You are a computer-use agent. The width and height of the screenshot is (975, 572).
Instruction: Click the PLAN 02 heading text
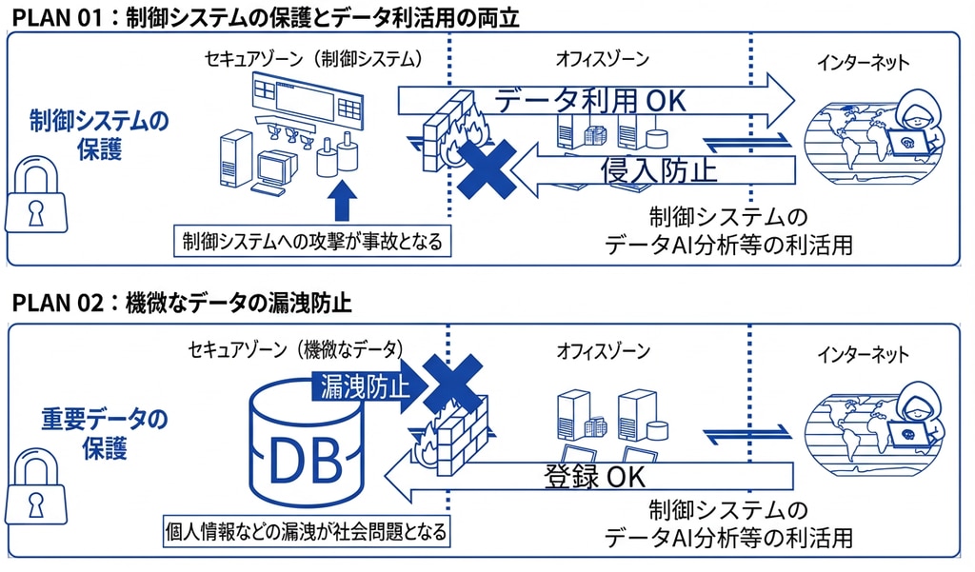pos(182,305)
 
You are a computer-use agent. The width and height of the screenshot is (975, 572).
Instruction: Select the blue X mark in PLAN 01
pos(486,168)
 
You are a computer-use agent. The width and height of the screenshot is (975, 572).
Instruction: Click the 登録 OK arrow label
pos(595,475)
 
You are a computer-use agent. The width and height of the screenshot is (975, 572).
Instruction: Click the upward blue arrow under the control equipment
pos(345,203)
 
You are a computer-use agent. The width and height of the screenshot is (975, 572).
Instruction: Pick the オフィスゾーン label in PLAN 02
pos(603,352)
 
